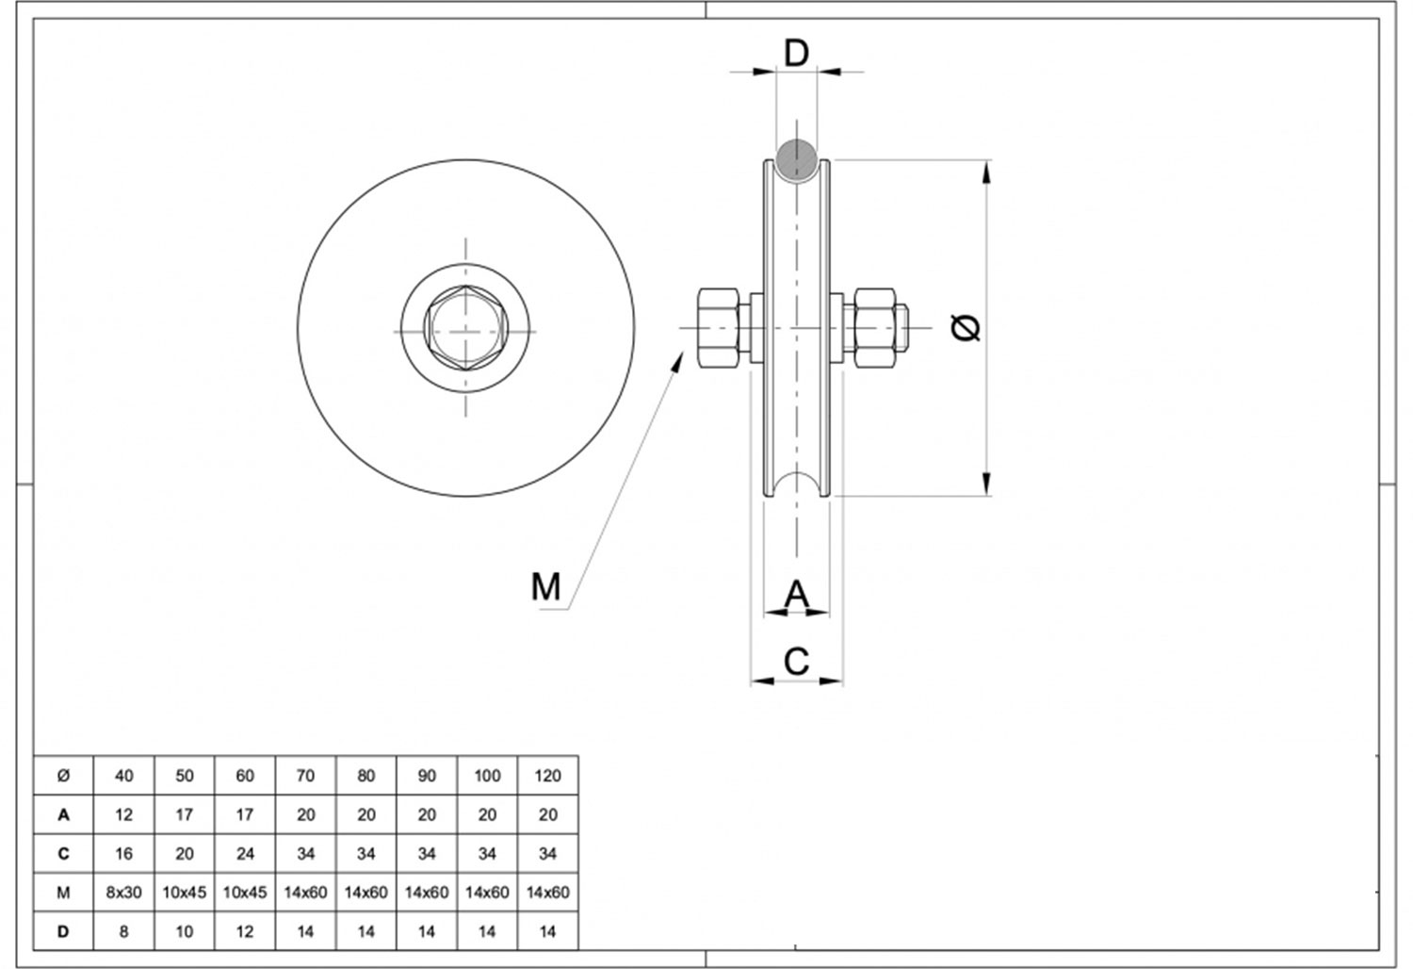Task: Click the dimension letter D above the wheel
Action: (x=796, y=53)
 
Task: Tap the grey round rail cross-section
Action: (x=797, y=160)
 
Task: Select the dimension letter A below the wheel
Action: (x=796, y=594)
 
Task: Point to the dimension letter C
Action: (x=796, y=662)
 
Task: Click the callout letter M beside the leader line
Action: (x=545, y=586)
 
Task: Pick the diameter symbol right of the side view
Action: (x=966, y=328)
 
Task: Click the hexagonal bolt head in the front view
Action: (x=466, y=328)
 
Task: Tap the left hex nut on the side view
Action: (x=719, y=328)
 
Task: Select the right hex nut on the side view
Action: (x=874, y=328)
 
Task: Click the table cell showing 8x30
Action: (x=123, y=892)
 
